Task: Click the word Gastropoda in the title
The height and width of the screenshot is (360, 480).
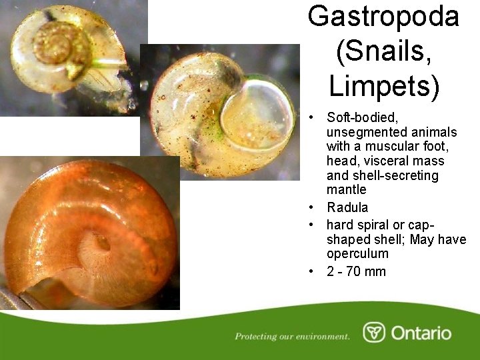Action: click(383, 16)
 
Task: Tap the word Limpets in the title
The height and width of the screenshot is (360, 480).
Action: click(383, 85)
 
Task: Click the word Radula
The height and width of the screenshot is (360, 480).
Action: click(347, 207)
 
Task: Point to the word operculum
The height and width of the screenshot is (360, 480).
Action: click(357, 254)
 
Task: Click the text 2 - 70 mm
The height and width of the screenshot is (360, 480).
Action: click(356, 271)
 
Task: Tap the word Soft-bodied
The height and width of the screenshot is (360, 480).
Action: click(362, 117)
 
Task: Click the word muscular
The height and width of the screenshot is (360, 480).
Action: click(405, 147)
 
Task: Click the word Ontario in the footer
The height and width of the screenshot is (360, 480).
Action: click(421, 333)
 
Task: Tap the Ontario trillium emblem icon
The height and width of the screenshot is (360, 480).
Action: click(374, 332)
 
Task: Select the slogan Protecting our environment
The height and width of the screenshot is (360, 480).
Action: click(292, 336)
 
